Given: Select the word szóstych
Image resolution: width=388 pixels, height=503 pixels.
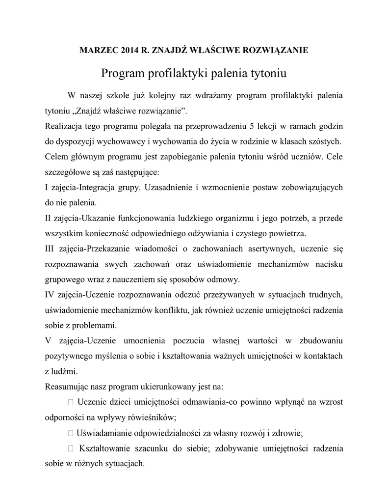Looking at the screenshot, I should tap(324, 142).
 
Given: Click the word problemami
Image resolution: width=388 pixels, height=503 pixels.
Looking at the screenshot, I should tap(92, 325).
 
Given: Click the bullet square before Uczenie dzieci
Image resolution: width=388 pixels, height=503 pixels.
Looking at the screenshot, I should tap(71, 402).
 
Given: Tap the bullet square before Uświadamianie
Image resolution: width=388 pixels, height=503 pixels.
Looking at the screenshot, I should tap(71, 433).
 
